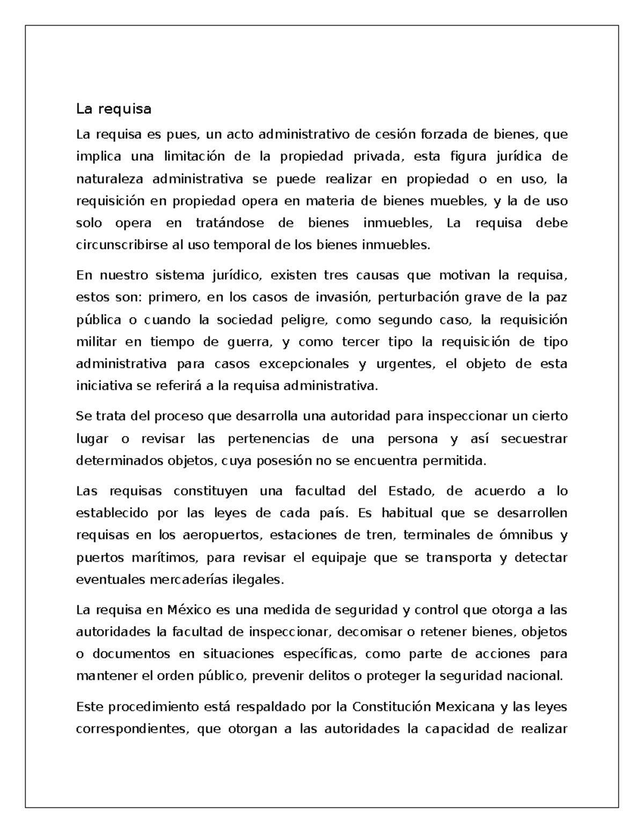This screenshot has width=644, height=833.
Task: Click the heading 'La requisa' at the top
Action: click(x=114, y=109)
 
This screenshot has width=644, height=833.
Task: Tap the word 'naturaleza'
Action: click(x=110, y=179)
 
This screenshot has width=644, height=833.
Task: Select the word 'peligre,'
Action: click(x=303, y=320)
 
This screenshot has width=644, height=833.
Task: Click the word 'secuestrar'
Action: click(x=533, y=439)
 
